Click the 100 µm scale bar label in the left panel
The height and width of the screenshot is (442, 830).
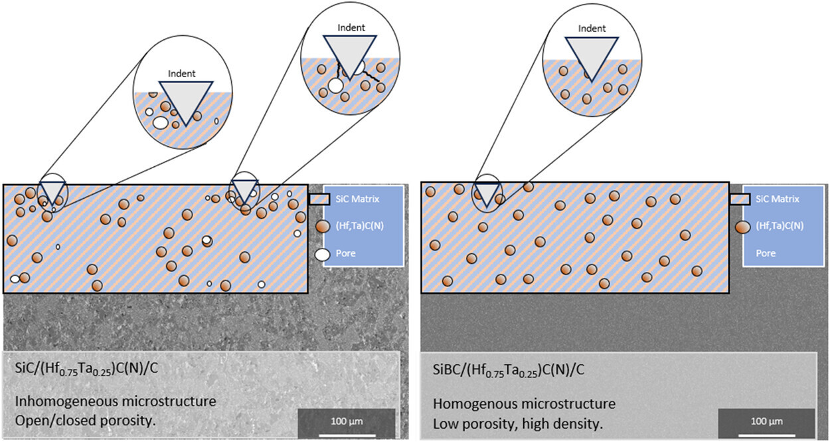pyautogui.click(x=345, y=422)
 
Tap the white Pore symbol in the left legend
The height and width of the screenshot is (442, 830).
pyautogui.click(x=322, y=254)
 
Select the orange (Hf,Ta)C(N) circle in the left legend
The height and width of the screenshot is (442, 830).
pyautogui.click(x=322, y=227)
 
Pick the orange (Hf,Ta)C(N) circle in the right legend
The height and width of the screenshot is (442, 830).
pyautogui.click(x=742, y=227)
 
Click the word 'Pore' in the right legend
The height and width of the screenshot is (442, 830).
pyautogui.click(x=766, y=253)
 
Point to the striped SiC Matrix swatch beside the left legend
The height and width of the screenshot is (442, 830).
pyautogui.click(x=319, y=199)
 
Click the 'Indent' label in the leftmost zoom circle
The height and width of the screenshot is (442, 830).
pyautogui.click(x=183, y=74)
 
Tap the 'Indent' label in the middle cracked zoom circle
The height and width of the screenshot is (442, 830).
pyautogui.click(x=351, y=28)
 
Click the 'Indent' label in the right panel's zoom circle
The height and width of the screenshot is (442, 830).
pyautogui.click(x=592, y=29)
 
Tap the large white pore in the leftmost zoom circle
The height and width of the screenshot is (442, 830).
pyautogui.click(x=160, y=122)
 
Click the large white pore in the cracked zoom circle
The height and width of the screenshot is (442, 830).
pyautogui.click(x=336, y=86)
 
